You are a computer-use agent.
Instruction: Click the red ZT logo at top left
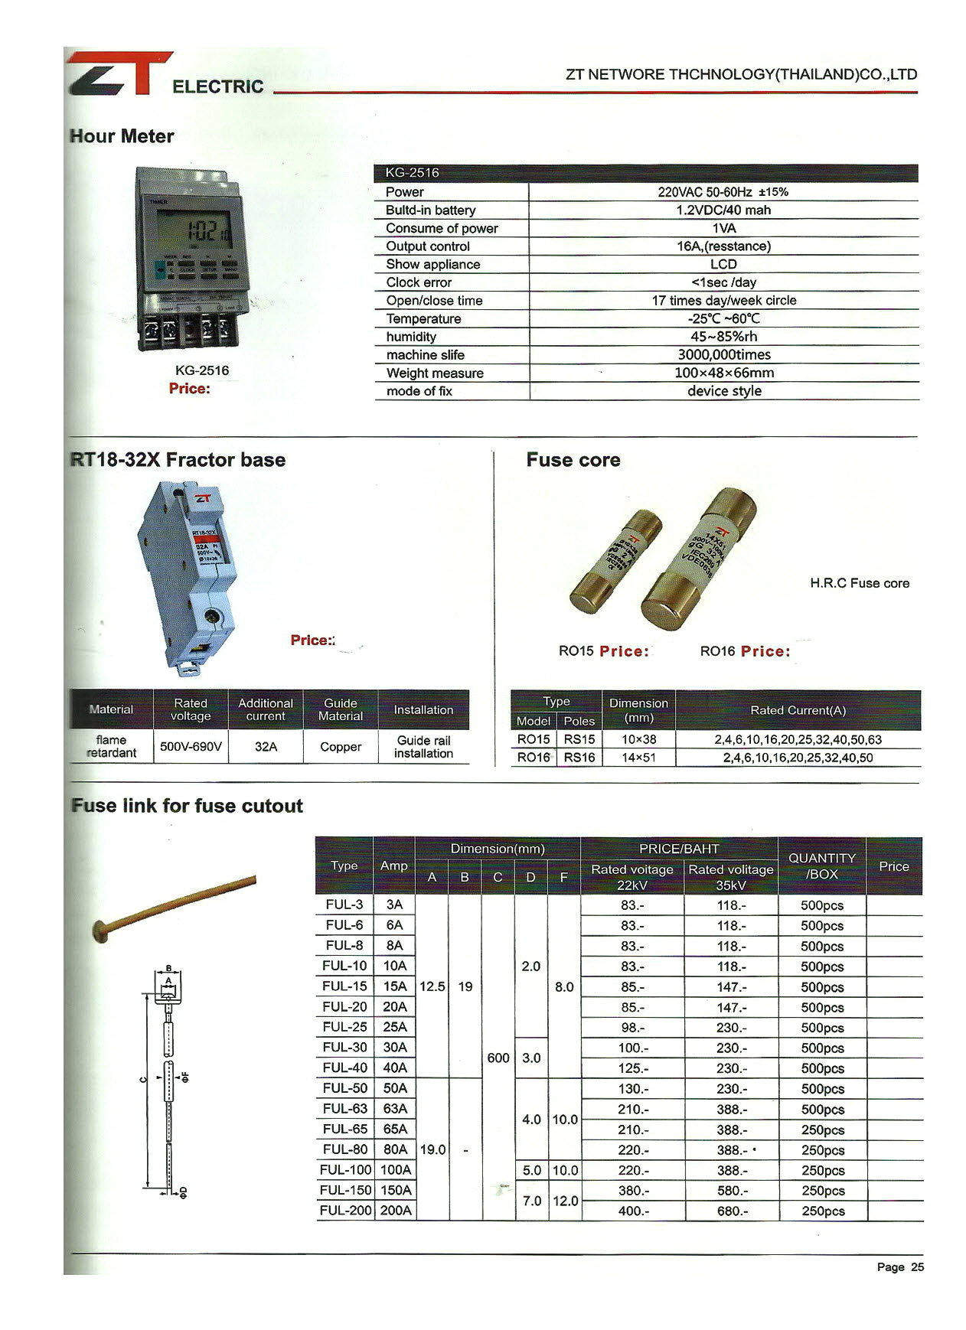[119, 73]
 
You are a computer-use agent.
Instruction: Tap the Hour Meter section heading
[122, 136]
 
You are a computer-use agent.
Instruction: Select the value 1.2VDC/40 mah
[723, 210]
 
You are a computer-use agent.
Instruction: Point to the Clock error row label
[419, 282]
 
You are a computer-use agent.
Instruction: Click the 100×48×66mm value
[723, 373]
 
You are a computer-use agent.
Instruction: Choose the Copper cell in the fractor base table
[341, 747]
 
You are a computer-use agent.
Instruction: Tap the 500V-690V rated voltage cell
[191, 747]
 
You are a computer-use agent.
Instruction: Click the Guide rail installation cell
[423, 747]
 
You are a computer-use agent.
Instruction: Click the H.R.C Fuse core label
[860, 583]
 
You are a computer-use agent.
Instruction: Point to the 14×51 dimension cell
[638, 758]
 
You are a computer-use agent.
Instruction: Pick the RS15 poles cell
[579, 739]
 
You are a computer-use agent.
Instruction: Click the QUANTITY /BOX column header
[821, 866]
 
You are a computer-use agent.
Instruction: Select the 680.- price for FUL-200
[731, 1211]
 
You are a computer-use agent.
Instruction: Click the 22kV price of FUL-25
[632, 1027]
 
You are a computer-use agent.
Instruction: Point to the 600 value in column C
[498, 1058]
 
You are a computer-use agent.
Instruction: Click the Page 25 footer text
[899, 1267]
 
